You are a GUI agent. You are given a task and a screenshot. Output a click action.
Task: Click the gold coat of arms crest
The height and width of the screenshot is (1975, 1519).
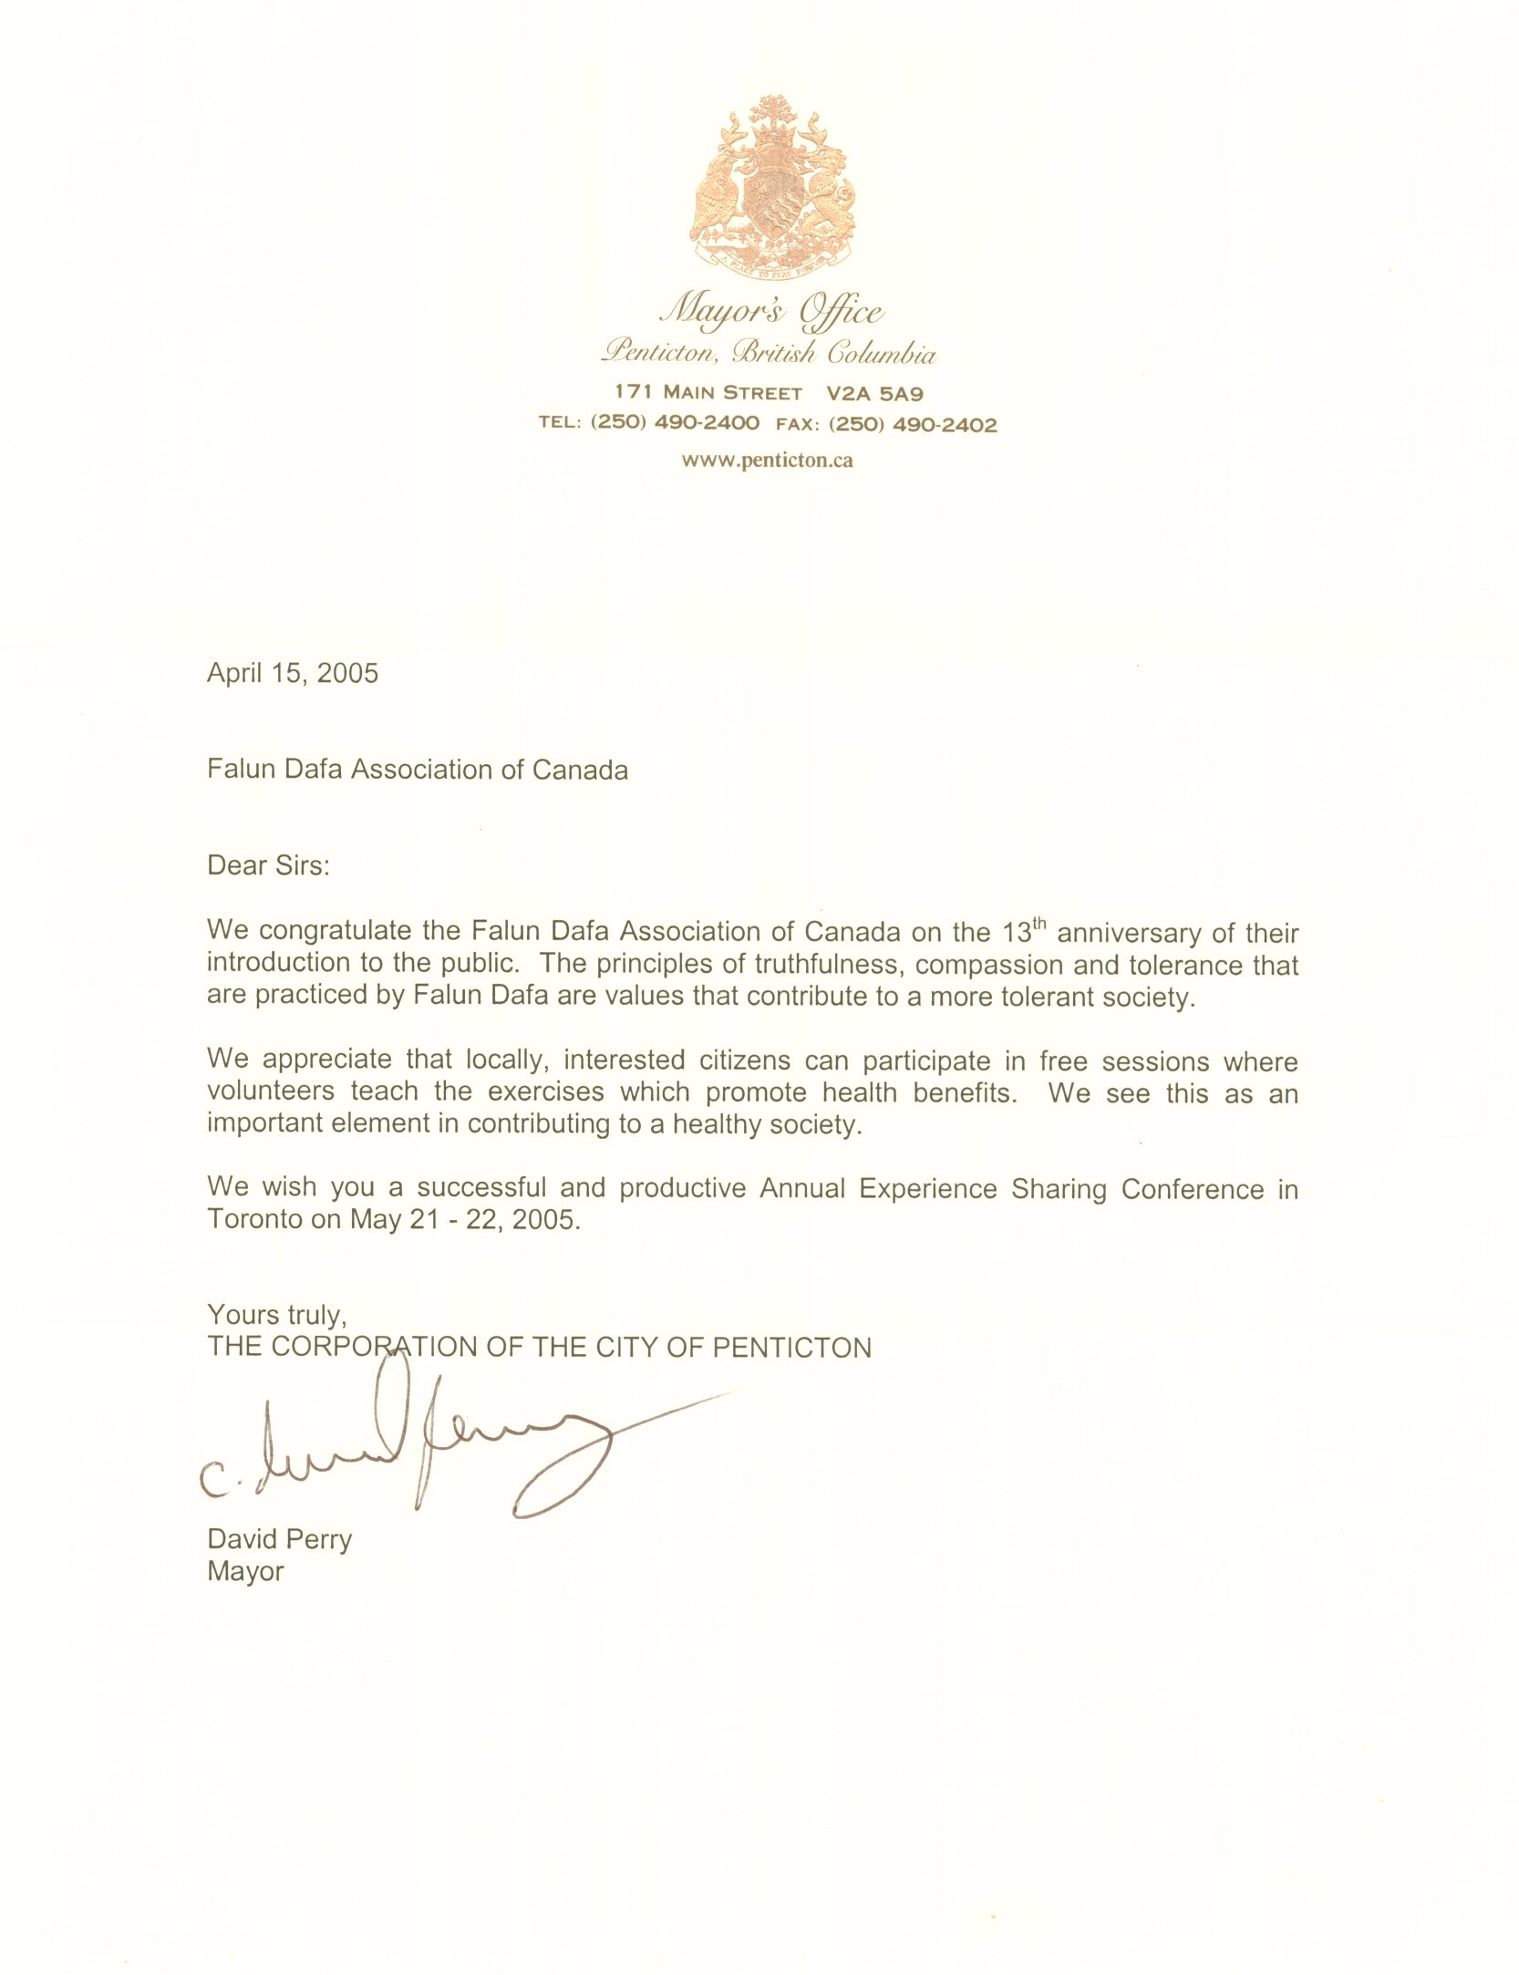773,188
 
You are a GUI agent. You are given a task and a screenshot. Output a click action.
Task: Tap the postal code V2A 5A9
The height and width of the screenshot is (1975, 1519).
874,394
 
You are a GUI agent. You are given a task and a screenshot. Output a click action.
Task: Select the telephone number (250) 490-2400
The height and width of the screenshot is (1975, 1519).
675,423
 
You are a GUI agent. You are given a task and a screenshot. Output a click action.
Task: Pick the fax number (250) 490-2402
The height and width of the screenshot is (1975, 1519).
913,424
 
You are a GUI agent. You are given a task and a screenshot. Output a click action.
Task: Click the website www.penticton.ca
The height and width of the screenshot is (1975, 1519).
767,460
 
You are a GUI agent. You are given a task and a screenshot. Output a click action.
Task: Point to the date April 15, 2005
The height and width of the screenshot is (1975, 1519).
292,673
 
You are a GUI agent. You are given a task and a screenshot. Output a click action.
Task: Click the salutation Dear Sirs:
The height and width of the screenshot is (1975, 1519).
268,864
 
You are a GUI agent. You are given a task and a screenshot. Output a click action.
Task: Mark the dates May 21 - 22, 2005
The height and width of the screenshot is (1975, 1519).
465,1219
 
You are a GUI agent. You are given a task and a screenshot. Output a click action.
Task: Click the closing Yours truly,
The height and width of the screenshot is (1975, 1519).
277,1314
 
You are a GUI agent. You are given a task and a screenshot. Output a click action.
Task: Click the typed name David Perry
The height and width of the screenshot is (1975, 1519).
279,1539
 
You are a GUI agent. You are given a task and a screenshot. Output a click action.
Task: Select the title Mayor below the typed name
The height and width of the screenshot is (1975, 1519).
245,1571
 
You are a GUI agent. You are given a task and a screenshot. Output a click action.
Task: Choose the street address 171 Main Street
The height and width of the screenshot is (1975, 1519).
708,393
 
